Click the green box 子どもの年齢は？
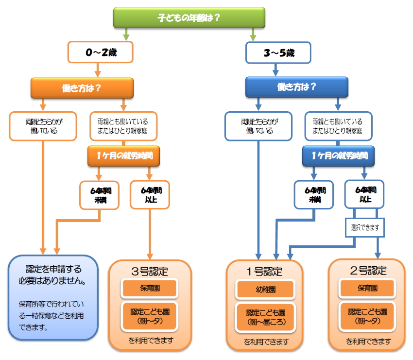coord(189,18)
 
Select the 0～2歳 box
coord(100,52)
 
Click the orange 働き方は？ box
coord(82,87)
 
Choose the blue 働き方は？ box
coord(296,87)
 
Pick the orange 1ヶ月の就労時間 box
coord(123,156)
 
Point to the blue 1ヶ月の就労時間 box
coord(338,156)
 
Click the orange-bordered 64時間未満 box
coord(100,195)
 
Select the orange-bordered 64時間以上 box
coord(150,195)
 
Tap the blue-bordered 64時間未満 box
coord(314,195)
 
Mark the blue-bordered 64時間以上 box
coord(364,195)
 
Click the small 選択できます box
coord(364,227)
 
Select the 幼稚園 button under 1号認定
coord(265,290)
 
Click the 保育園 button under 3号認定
coord(150,288)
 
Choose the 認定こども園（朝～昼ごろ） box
coord(265,316)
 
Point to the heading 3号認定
coord(150,270)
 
